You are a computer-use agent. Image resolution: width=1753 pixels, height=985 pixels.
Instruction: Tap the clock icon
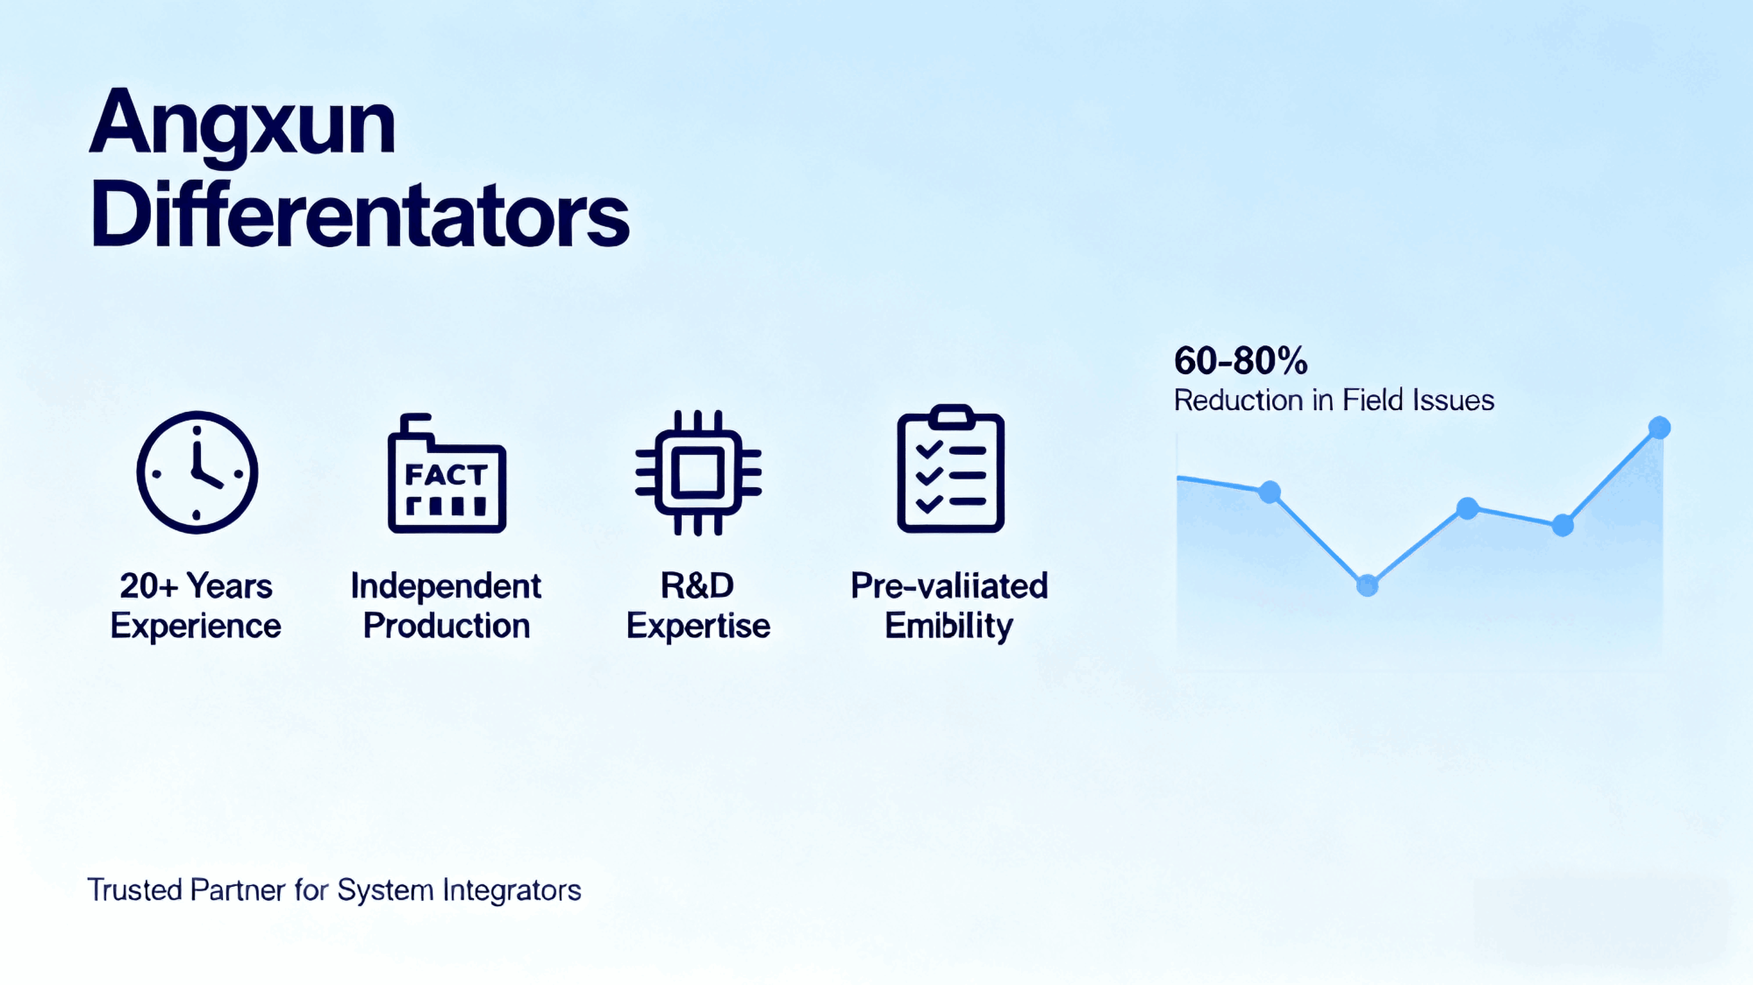pos(197,472)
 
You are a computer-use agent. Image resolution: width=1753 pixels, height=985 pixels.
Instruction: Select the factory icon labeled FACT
pos(446,474)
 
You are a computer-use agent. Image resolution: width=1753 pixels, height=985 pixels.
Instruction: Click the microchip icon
pos(697,472)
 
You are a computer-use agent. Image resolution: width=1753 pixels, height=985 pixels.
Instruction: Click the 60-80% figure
pos(1240,361)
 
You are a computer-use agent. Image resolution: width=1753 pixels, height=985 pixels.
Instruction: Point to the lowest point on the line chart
pos(1367,585)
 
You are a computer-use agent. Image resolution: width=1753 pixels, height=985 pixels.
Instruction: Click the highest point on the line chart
pos(1659,428)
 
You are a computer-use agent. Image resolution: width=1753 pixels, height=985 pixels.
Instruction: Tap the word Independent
pos(446,586)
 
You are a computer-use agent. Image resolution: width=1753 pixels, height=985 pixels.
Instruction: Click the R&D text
pos(697,586)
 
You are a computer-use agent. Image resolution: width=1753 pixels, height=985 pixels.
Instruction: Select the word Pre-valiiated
pos(948,586)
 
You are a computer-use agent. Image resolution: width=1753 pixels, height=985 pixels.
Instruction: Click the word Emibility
pos(948,626)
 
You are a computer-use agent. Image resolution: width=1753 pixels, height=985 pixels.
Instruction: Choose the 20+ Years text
pos(196,586)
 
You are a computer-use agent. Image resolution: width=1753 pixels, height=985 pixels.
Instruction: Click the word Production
pos(446,626)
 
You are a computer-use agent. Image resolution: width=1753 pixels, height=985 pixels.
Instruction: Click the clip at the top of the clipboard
pos(951,414)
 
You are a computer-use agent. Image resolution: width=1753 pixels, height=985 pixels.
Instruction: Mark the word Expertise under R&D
pos(697,626)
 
